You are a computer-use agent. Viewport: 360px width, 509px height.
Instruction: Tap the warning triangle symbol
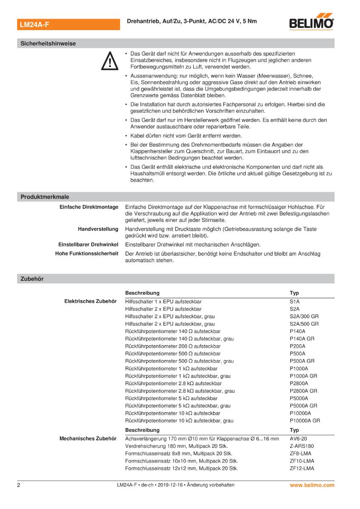point(109,61)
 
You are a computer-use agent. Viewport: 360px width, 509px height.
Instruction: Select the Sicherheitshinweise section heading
point(48,43)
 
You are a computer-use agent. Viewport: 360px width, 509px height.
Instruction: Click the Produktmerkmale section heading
point(45,197)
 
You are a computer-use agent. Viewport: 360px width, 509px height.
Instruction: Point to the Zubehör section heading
point(32,279)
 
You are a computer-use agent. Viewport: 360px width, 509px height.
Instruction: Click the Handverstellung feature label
point(98,229)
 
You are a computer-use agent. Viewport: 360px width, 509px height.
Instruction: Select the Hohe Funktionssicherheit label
point(87,254)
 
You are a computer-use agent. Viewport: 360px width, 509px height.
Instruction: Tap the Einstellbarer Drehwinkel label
point(88,245)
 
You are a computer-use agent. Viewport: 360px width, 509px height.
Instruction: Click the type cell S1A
point(295,301)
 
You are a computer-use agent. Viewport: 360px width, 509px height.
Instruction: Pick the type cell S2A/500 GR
point(304,324)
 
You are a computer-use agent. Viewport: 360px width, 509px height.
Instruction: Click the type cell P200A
point(298,346)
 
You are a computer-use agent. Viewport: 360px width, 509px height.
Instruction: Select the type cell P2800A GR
point(304,391)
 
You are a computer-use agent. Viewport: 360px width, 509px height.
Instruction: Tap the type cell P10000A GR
point(305,421)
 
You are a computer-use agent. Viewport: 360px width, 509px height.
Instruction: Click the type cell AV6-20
point(298,438)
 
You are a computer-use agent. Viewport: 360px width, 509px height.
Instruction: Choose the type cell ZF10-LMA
point(302,461)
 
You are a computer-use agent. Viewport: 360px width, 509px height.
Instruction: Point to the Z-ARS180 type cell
point(302,446)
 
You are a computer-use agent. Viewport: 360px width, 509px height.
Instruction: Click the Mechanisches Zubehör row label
point(88,438)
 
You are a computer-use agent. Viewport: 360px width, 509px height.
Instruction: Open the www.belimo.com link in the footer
point(312,485)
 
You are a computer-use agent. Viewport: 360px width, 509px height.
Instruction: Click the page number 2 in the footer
point(19,485)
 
